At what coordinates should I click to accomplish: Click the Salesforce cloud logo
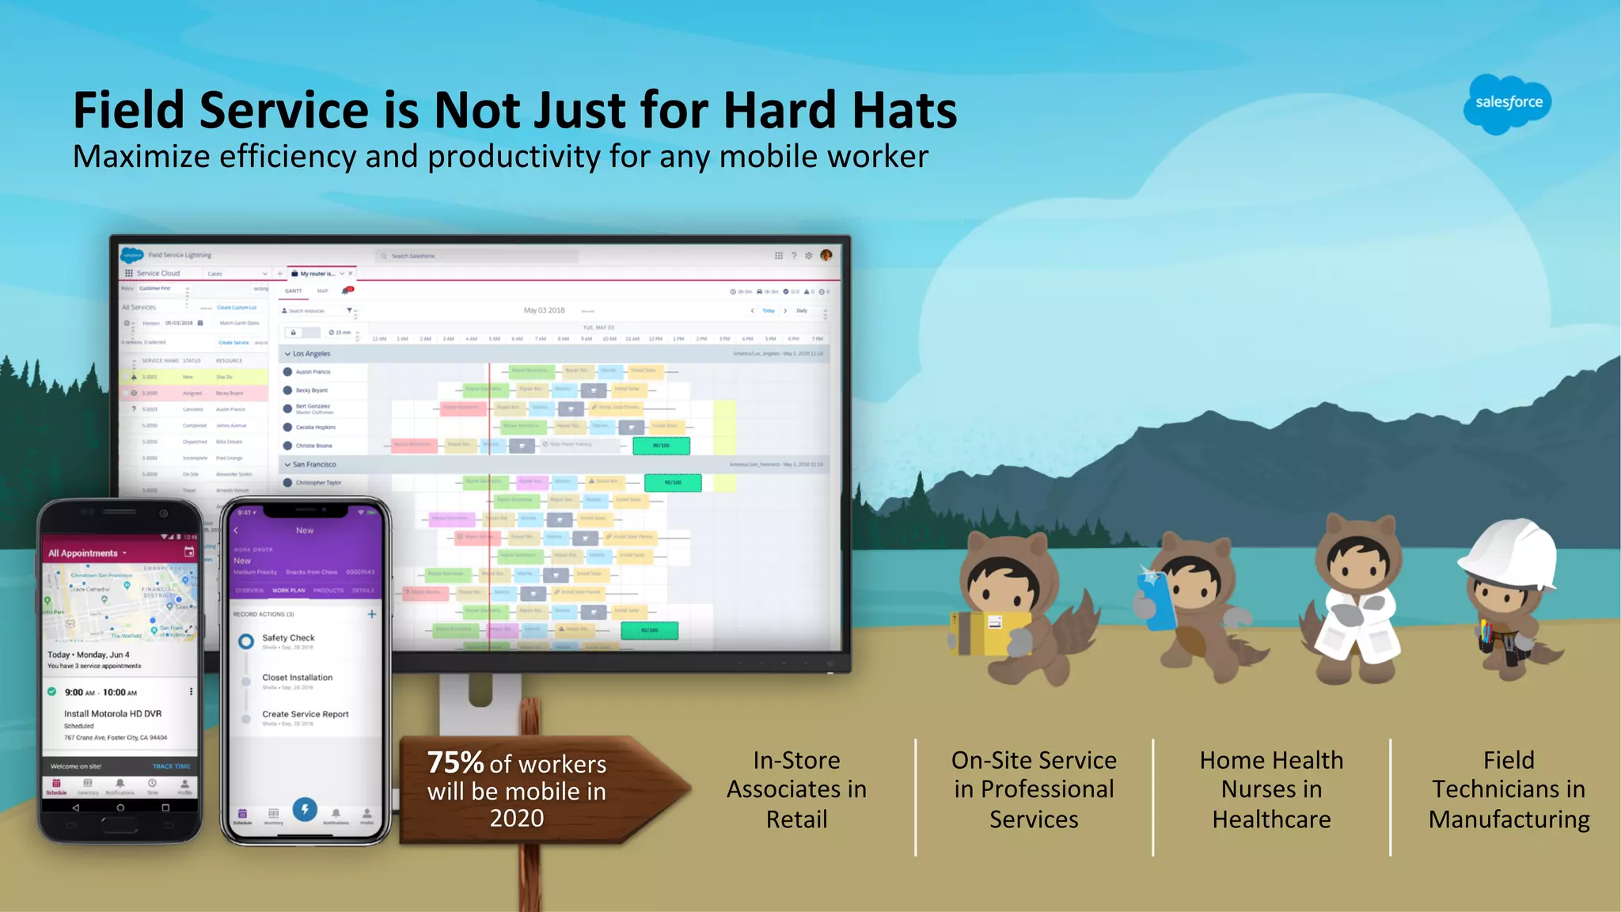(1507, 104)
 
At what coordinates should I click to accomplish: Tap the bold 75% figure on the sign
(455, 762)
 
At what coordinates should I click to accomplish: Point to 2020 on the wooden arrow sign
(516, 819)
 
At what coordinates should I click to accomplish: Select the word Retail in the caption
(796, 819)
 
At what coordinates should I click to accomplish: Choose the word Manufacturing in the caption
(1509, 819)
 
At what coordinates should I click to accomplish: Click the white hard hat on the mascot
(1508, 553)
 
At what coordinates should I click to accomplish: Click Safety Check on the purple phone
(288, 638)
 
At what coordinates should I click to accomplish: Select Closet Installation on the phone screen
(297, 678)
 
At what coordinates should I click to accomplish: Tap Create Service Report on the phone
(305, 714)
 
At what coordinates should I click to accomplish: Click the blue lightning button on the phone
(305, 809)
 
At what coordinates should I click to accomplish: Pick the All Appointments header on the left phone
(83, 553)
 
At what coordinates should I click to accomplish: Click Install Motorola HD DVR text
(112, 714)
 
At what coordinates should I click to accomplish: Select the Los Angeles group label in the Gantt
(311, 354)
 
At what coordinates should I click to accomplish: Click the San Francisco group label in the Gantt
(314, 465)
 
